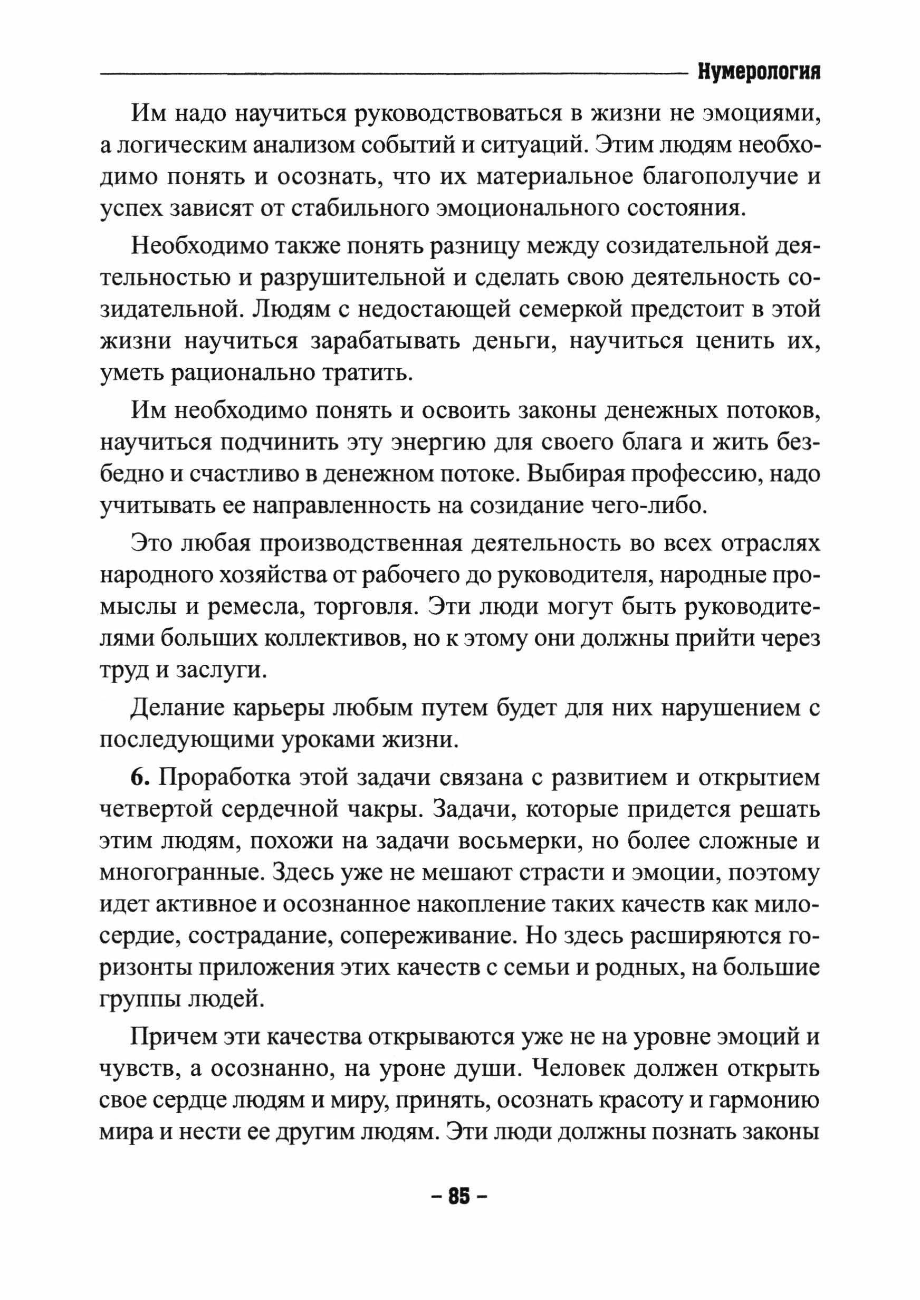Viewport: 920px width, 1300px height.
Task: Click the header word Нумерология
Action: pyautogui.click(x=759, y=73)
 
